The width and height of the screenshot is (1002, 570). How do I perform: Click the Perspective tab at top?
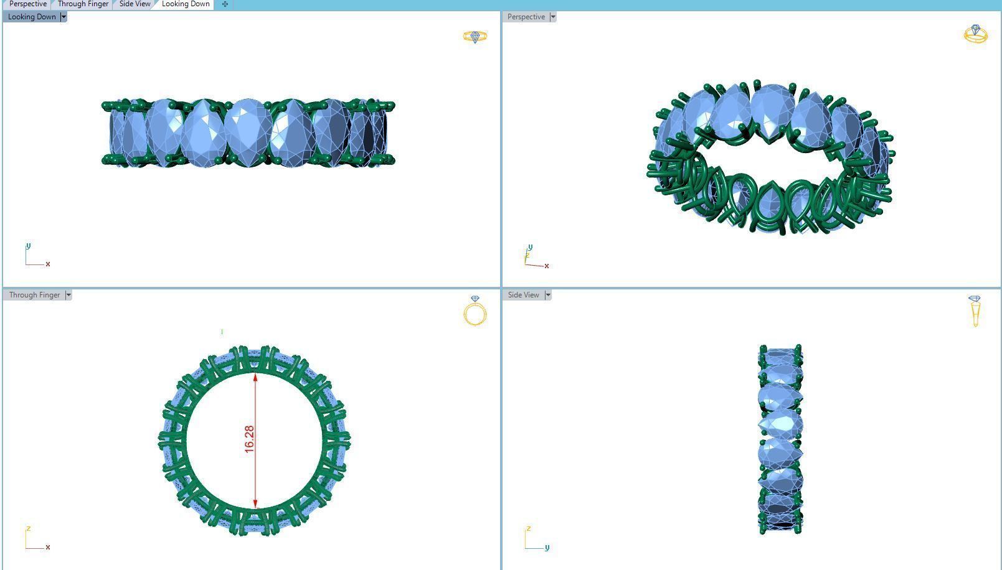click(27, 4)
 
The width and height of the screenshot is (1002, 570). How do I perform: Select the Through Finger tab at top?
click(83, 4)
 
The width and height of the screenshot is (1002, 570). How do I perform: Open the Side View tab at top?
click(135, 4)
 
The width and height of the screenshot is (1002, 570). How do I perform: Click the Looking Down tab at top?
click(186, 4)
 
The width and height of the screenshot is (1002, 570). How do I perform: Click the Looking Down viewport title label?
click(32, 17)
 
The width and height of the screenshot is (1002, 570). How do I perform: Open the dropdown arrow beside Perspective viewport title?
click(552, 17)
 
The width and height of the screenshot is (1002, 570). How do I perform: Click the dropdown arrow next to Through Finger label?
click(69, 295)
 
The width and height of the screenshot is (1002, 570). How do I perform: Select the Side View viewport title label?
click(523, 295)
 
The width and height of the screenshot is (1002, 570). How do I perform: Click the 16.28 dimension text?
click(249, 439)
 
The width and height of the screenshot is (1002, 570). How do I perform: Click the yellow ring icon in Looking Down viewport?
click(475, 37)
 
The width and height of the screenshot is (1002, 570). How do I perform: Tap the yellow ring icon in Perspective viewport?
click(975, 34)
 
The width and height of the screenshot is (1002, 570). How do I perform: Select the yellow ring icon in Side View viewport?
click(975, 311)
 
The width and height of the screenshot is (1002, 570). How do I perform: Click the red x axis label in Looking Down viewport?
click(48, 264)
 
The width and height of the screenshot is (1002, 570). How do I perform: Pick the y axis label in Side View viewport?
click(547, 548)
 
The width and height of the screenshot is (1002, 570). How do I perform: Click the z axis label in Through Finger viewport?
click(28, 528)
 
